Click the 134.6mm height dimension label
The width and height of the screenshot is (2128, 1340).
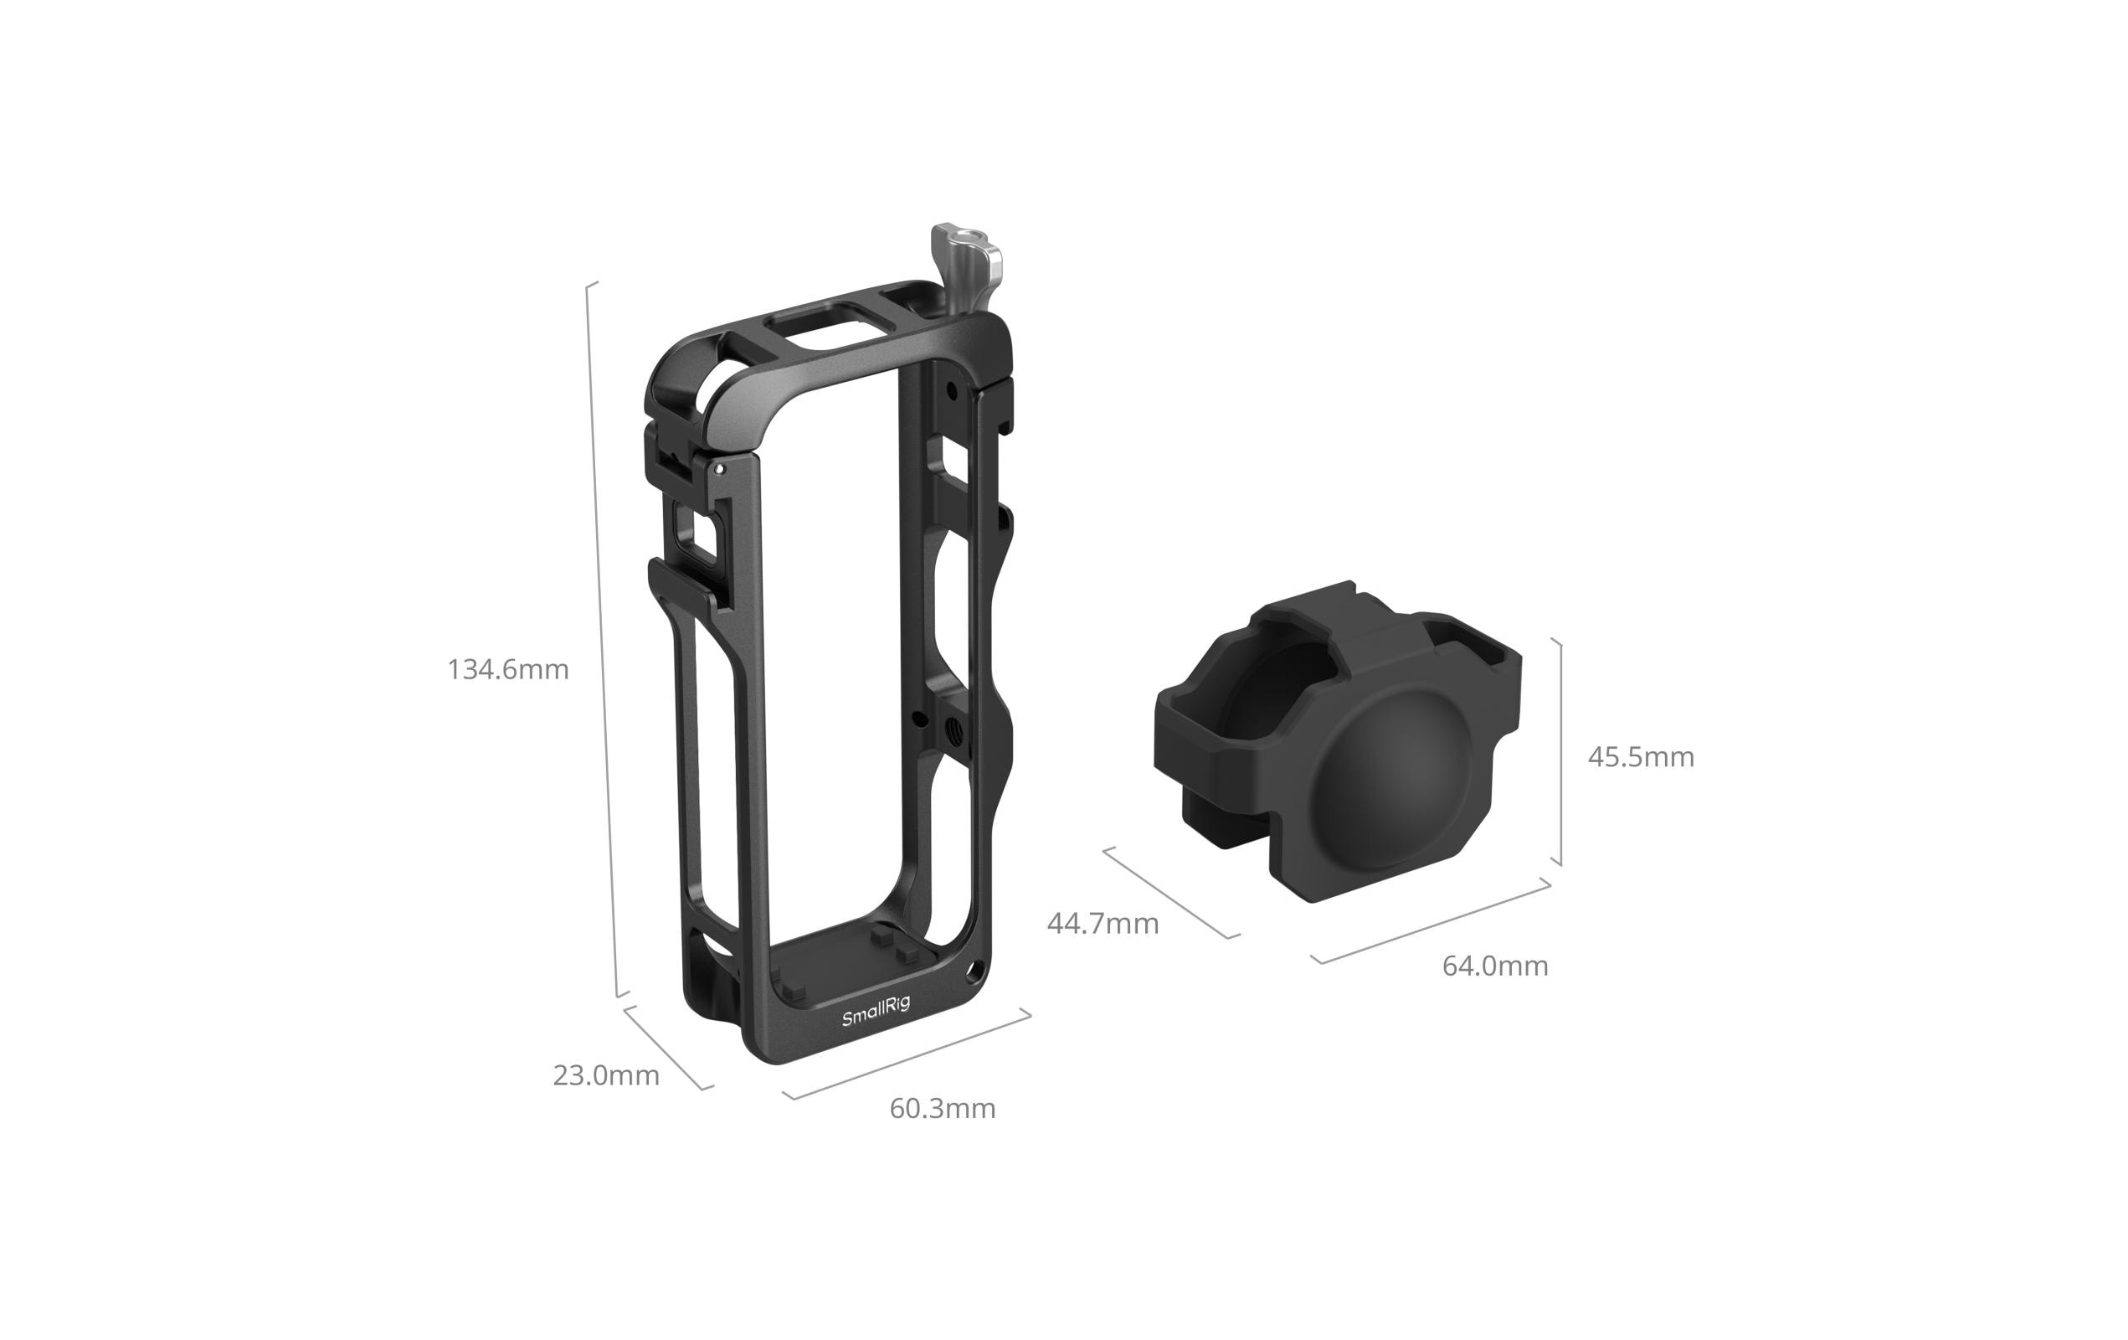pyautogui.click(x=508, y=669)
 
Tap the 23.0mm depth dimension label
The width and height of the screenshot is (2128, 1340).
pyautogui.click(x=606, y=1075)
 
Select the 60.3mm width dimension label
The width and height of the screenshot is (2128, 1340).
pyautogui.click(x=942, y=1107)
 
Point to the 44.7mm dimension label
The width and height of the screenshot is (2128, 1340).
pyautogui.click(x=1103, y=923)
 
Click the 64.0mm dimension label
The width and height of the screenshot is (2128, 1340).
pyautogui.click(x=1495, y=966)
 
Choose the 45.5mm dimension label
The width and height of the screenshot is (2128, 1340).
pyautogui.click(x=1641, y=756)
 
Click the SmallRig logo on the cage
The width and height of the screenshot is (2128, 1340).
pyautogui.click(x=875, y=1011)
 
